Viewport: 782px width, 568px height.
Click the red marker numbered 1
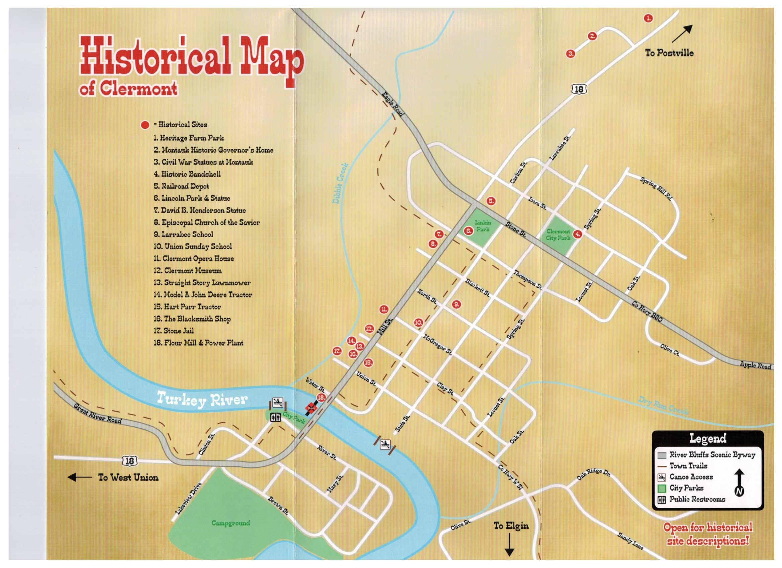[648, 18]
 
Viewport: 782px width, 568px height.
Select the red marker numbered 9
[456, 304]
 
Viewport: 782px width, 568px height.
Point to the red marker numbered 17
[337, 351]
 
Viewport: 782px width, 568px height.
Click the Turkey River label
[202, 400]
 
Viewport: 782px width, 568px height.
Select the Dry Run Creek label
[663, 405]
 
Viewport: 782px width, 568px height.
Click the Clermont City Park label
[558, 235]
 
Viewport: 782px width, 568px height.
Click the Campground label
[230, 523]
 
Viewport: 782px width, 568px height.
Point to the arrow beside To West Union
[79, 477]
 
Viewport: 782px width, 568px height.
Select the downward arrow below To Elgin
[509, 550]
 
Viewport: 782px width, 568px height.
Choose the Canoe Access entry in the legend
[691, 477]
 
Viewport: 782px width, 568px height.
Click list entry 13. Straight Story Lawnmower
[202, 283]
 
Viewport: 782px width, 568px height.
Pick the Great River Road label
[98, 413]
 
